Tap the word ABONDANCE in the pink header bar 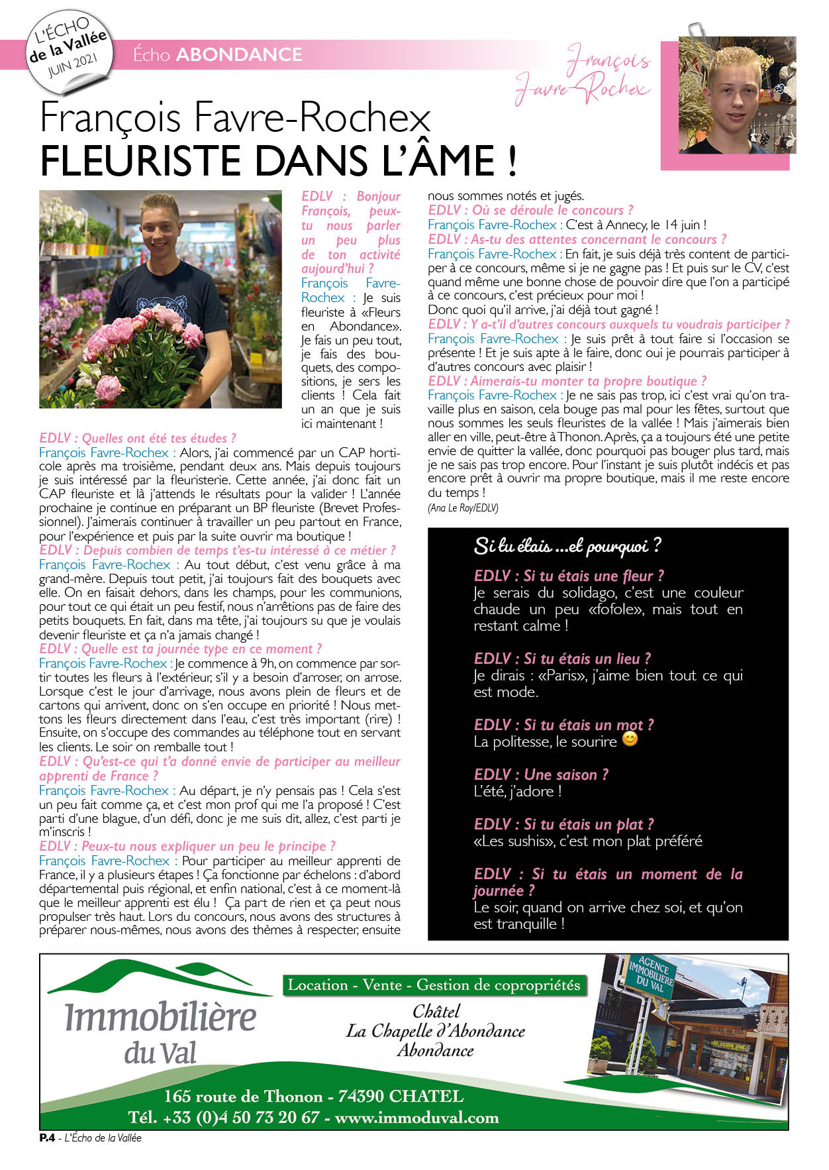[x=239, y=54]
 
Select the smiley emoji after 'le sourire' [x=630, y=739]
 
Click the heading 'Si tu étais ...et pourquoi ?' [x=567, y=546]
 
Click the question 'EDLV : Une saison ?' [x=541, y=774]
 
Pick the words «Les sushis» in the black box [x=514, y=841]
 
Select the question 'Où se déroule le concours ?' [x=552, y=211]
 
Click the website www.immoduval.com [x=416, y=1118]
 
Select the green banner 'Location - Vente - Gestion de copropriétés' [x=434, y=985]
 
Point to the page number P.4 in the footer [x=46, y=1138]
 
